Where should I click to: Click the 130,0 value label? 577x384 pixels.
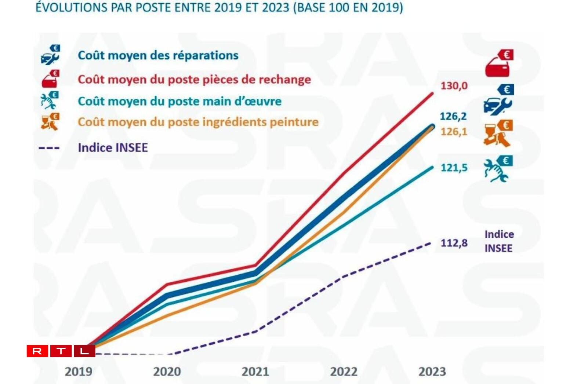pos(454,86)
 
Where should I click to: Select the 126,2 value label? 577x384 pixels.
pos(453,116)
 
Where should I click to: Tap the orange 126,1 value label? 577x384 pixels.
pos(454,131)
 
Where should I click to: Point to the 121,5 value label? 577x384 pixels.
pos(454,168)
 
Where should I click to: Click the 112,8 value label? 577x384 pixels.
pos(454,243)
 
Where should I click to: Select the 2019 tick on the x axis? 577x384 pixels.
pos(79,372)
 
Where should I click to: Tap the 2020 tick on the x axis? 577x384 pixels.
pos(167,372)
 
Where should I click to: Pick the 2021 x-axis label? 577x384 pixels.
pos(255,372)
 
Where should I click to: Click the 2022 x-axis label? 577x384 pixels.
pos(344,372)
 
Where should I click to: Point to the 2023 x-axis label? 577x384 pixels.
pos(432,372)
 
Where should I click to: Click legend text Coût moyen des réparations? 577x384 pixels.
pos(158,55)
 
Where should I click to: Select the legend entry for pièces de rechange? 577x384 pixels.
pos(194,79)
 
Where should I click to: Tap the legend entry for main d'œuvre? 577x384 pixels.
pos(179,101)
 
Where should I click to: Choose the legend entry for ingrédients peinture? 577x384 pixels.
pos(198,122)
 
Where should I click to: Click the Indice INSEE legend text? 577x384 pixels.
pos(113,147)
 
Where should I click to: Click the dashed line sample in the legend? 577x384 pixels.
pos(49,148)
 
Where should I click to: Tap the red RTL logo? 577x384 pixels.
pos(61,351)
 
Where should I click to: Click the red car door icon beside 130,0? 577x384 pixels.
pos(499,63)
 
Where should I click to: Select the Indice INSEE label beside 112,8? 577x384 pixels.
pos(498,241)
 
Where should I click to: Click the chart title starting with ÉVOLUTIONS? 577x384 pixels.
pos(219,7)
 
